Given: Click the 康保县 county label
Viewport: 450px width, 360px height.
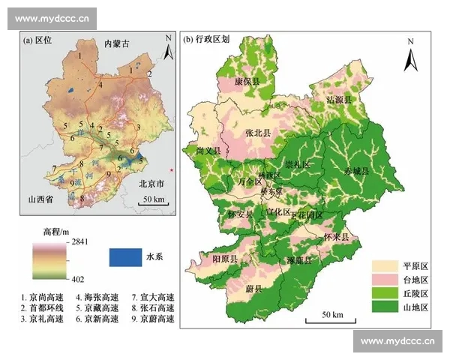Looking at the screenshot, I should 247,81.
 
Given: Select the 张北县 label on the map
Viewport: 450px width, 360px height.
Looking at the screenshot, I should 257,133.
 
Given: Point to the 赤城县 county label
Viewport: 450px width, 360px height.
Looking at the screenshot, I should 358,171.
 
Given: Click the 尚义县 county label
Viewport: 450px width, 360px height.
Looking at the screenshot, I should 209,151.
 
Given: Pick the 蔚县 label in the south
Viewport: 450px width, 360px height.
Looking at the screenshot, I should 253,288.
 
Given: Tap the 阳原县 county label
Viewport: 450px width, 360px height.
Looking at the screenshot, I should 225,259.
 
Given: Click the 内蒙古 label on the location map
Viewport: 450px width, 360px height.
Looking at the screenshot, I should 117,44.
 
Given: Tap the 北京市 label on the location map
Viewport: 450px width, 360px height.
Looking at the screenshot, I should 156,183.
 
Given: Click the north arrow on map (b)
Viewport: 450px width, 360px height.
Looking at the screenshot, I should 409,56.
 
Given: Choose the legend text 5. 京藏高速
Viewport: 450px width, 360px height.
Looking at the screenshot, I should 98,307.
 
